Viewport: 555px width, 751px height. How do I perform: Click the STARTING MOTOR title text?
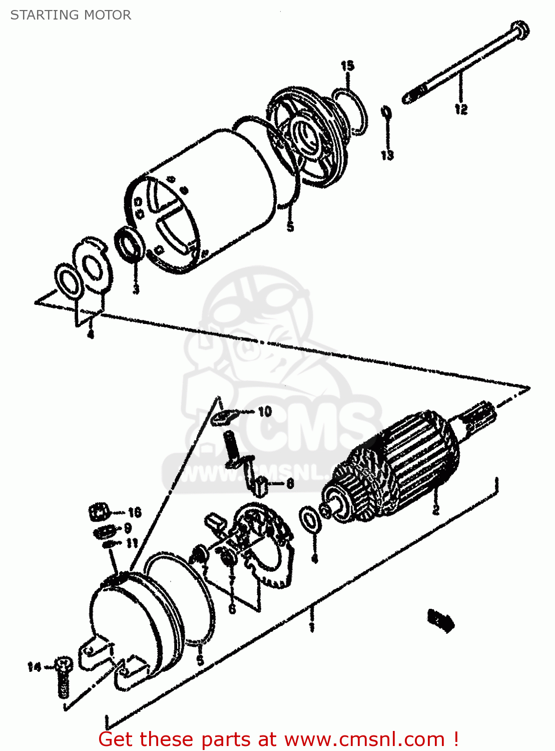71,15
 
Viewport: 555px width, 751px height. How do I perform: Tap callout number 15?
347,66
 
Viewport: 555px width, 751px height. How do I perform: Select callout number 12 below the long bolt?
461,109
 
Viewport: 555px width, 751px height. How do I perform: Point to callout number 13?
387,155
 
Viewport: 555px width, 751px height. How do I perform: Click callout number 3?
136,289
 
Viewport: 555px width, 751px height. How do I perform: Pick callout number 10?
265,412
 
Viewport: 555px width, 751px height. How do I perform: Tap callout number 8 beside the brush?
290,484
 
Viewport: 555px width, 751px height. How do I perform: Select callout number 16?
135,512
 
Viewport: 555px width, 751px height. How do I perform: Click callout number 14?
34,667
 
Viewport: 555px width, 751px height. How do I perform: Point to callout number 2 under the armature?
436,510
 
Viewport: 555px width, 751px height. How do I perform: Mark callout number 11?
132,543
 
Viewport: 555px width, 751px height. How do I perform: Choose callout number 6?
232,609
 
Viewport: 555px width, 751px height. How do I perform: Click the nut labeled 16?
99,513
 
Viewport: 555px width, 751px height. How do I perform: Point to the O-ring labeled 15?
350,111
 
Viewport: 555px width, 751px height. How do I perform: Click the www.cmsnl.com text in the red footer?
364,739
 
